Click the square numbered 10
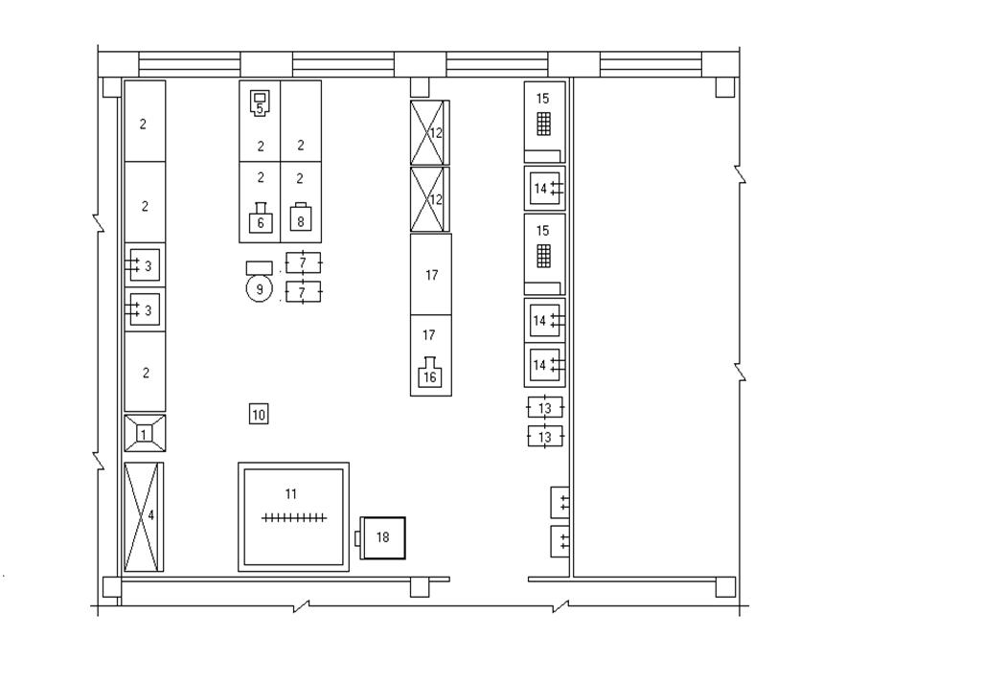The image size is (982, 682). point(259,414)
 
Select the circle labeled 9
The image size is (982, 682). point(260,289)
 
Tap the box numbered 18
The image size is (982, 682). point(383,537)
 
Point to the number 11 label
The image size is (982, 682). point(290,494)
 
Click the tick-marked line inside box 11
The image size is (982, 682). point(294,518)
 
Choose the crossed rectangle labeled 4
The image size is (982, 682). point(144,516)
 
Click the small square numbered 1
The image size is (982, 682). point(144,434)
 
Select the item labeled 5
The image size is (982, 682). point(260,103)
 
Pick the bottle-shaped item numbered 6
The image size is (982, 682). point(261,218)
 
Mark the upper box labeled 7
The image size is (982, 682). point(303,263)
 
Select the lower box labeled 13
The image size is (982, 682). point(545,436)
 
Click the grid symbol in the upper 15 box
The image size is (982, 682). point(543,124)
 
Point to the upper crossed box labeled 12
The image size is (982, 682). point(429,132)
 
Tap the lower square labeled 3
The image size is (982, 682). point(145,310)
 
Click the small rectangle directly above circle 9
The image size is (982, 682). point(260,267)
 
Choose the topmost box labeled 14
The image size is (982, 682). point(545,188)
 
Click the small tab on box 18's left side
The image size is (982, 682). point(357,538)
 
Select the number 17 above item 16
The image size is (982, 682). point(428,335)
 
